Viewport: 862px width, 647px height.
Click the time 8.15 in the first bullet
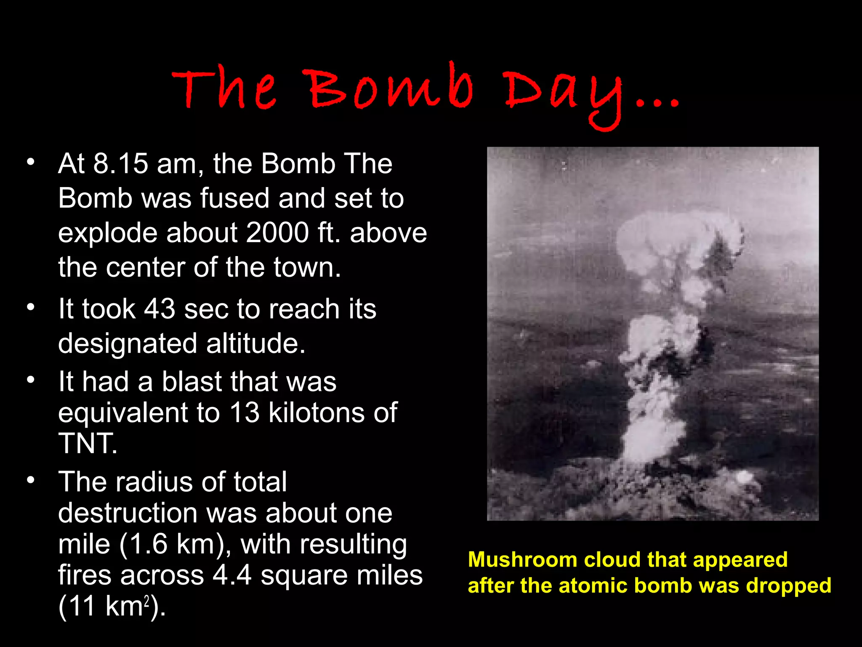[120, 163]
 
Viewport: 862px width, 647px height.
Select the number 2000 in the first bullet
[277, 233]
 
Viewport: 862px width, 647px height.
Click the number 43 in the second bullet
[160, 309]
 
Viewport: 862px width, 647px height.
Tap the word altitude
[255, 343]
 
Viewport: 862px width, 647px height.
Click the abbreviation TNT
[87, 443]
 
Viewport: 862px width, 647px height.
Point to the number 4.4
[232, 575]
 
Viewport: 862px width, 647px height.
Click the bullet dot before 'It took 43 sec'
[30, 307]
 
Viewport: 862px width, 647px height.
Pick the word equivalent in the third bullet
[122, 413]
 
